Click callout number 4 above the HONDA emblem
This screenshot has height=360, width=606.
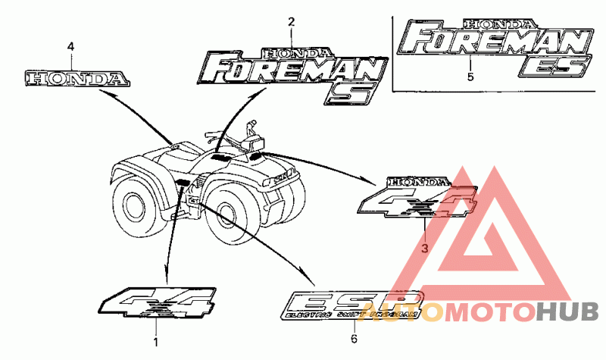coord(70,47)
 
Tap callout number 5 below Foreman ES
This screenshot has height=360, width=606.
coord(470,77)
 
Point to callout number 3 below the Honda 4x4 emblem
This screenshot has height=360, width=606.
coord(424,248)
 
